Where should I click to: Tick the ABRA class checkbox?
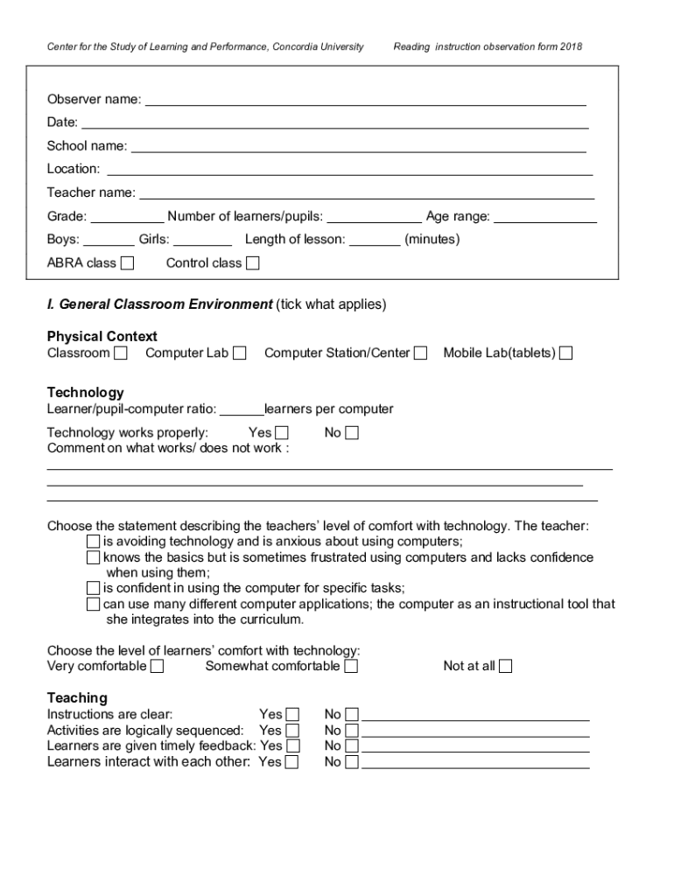[128, 262]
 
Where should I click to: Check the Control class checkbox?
[253, 262]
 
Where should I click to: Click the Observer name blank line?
[365, 100]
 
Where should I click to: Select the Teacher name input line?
[367, 192]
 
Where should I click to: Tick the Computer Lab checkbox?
[240, 353]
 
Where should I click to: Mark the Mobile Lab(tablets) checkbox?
[566, 353]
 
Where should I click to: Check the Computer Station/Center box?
[421, 353]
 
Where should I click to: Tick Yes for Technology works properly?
[282, 432]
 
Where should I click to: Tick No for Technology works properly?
[352, 432]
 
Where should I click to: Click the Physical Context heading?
[102, 337]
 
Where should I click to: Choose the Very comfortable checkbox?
[157, 666]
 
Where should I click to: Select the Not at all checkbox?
[505, 666]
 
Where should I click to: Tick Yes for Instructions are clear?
[292, 714]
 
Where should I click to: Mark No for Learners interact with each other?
[352, 762]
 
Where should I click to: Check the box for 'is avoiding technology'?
[94, 541]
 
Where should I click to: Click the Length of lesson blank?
[375, 240]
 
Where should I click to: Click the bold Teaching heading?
[77, 697]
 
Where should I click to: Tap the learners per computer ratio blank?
[242, 409]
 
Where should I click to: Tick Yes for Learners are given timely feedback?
[292, 745]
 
